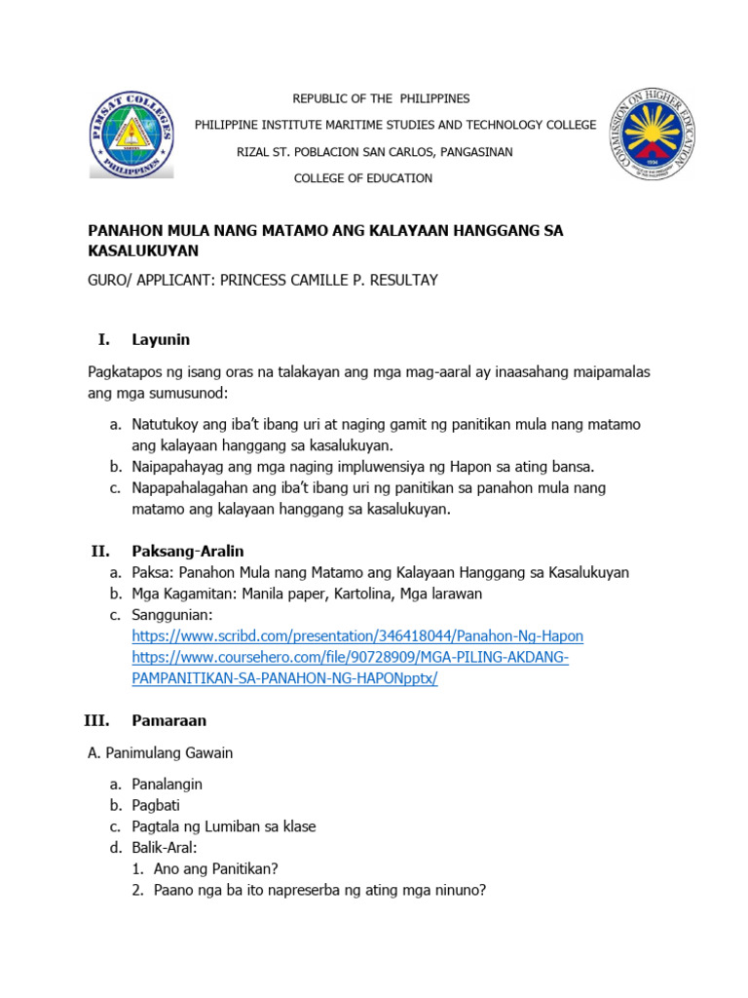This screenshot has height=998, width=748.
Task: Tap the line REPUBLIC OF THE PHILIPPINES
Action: (368, 98)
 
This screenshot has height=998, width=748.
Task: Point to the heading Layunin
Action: (161, 339)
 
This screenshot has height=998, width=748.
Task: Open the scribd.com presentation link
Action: (357, 636)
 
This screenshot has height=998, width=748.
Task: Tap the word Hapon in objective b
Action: (454, 466)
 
